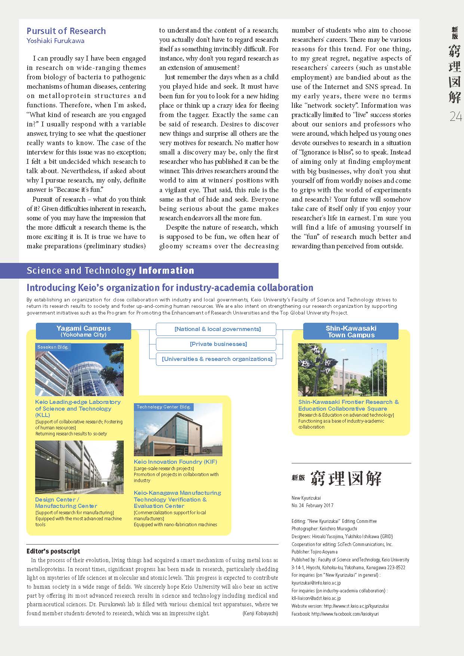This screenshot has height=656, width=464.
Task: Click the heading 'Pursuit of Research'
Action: pyautogui.click(x=66, y=31)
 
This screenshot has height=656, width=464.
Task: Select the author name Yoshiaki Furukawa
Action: pyautogui.click(x=55, y=41)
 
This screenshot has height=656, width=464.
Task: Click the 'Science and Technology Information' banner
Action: pyautogui.click(x=111, y=270)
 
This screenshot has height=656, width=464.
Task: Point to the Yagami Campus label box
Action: pyautogui.click(x=83, y=331)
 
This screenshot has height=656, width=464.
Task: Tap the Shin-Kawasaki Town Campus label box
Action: pyautogui.click(x=351, y=331)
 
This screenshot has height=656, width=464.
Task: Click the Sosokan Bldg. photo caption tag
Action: pyautogui.click(x=52, y=347)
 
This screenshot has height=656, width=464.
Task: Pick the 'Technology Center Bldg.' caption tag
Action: pyautogui.click(x=163, y=407)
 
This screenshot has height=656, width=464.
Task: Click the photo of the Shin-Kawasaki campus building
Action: pyautogui.click(x=342, y=370)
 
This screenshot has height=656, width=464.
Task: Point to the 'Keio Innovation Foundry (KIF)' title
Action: pyautogui.click(x=175, y=462)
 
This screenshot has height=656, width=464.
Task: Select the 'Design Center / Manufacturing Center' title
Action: pyautogui.click(x=66, y=503)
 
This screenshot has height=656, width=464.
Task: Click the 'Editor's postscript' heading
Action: pyautogui.click(x=53, y=551)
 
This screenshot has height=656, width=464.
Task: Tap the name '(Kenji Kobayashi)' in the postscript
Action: pyautogui.click(x=260, y=613)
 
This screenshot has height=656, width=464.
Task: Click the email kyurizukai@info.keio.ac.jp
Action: pyautogui.click(x=316, y=583)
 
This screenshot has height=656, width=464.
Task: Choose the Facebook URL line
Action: pyautogui.click(x=335, y=614)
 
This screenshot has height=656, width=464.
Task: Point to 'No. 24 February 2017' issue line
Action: pyautogui.click(x=312, y=505)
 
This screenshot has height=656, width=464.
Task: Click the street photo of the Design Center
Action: pyautogui.click(x=79, y=467)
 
